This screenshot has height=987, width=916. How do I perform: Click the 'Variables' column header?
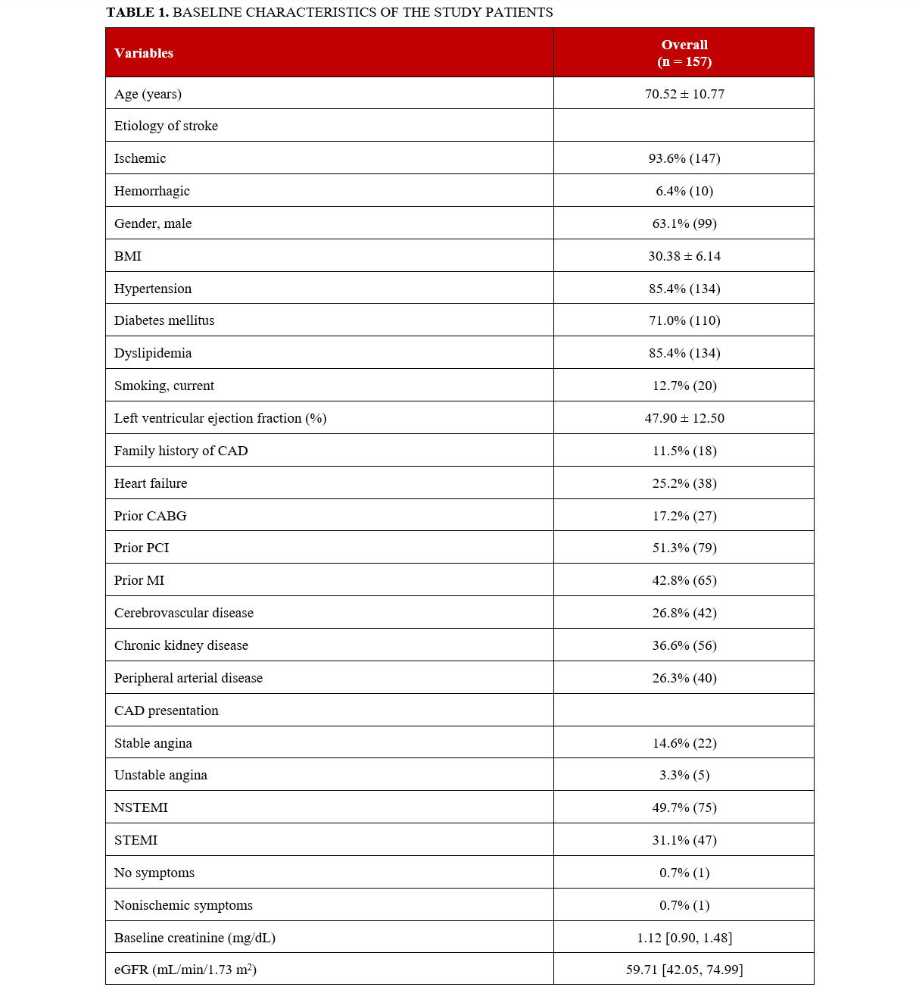(144, 53)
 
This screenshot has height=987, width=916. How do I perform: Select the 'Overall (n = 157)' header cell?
(684, 53)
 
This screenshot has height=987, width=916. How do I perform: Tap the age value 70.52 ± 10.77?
(684, 94)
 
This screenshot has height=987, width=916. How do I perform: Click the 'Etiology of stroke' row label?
(166, 126)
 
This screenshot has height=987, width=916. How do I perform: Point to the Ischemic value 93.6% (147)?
(684, 158)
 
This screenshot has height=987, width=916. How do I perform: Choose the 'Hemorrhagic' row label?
(151, 191)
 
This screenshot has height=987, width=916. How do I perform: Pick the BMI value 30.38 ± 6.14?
(684, 256)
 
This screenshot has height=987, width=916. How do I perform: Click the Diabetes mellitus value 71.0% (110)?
(684, 320)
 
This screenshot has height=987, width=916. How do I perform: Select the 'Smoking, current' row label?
(164, 386)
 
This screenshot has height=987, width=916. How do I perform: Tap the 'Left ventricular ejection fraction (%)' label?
(220, 418)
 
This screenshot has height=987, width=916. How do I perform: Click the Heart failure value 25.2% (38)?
(684, 483)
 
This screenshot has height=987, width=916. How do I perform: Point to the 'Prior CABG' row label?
(150, 516)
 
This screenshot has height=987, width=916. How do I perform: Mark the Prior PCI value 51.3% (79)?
(684, 548)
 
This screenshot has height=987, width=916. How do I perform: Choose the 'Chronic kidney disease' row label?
(181, 645)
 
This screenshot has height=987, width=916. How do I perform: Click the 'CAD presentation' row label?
(166, 711)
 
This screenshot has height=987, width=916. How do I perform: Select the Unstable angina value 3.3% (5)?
(684, 775)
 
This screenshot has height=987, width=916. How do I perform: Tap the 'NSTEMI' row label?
(141, 807)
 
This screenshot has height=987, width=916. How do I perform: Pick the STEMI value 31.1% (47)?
(684, 840)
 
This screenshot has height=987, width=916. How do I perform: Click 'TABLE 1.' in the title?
(137, 12)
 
